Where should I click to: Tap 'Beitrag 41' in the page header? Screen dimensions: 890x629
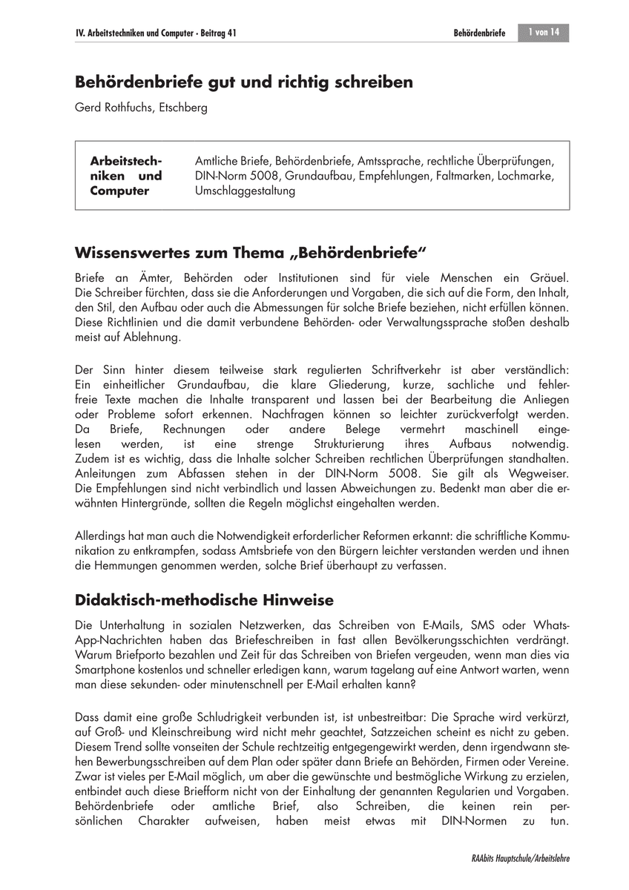coord(223,33)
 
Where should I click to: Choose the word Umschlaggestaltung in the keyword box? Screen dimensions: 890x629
coord(244,191)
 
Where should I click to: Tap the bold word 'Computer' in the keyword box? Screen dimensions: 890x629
coord(119,191)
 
